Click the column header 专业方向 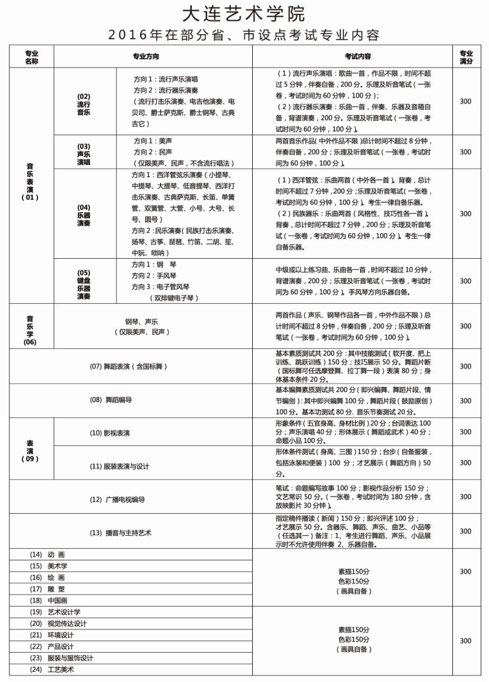click(x=146, y=57)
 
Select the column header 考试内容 click(x=358, y=57)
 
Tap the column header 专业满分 click(x=465, y=57)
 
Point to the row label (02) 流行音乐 click(x=83, y=104)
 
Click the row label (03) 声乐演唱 click(x=83, y=154)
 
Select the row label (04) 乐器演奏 click(x=83, y=215)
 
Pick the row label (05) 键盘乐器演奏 click(x=83, y=284)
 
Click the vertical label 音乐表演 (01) click(x=30, y=182)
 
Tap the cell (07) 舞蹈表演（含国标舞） click(x=128, y=367)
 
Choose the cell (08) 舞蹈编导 click(x=111, y=400)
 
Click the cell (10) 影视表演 click(x=110, y=433)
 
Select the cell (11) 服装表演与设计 click(x=119, y=466)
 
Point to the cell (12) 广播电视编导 click(x=117, y=499)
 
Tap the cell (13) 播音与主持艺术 click(x=121, y=533)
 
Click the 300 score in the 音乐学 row click(x=465, y=326)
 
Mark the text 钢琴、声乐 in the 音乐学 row click(x=142, y=322)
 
